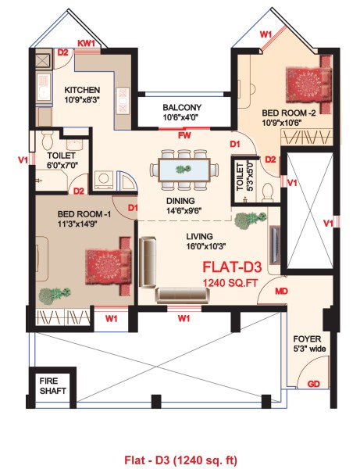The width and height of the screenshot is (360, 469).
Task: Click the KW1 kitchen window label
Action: (x=85, y=43)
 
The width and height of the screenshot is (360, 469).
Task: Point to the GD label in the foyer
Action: (x=312, y=385)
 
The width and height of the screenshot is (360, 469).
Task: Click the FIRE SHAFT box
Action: (x=52, y=385)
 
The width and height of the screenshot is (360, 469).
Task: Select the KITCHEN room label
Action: (x=82, y=90)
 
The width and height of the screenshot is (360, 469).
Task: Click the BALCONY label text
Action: (x=182, y=107)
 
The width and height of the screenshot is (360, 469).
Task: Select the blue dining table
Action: (x=184, y=168)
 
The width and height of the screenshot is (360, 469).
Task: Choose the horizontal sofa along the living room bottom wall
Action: (x=181, y=295)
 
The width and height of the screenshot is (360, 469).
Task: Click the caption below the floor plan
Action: (x=180, y=458)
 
